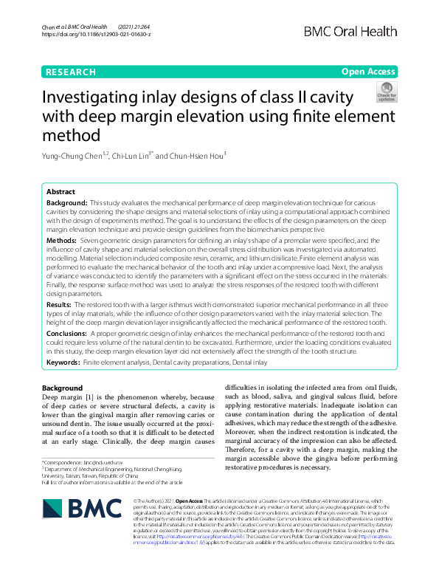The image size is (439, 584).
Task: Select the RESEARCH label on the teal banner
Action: [x=71, y=72]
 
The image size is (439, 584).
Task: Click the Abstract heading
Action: [x=61, y=191]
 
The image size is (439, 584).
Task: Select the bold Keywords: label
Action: [x=63, y=364]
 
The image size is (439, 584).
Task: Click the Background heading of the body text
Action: [x=62, y=388]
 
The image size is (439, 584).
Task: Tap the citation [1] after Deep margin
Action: [x=90, y=398]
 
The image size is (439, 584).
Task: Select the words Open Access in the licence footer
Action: [x=188, y=501]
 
